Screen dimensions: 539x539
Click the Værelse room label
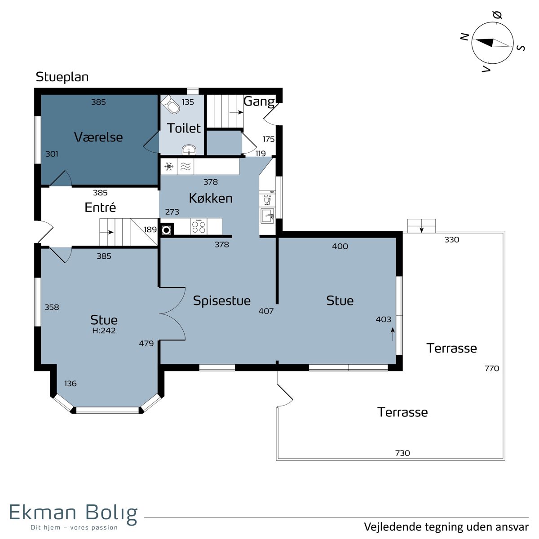pos(98,137)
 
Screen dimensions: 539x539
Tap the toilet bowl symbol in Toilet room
pos(171,104)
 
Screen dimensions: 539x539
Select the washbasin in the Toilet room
pos(190,150)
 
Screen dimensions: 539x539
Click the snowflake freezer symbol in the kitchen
pos(169,167)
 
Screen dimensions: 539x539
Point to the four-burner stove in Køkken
pos(199,226)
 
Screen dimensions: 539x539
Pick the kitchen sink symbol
pos(267,216)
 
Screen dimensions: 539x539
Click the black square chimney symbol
pos(167,230)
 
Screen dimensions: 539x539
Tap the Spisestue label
pos(222,300)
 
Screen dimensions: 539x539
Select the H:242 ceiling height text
pos(104,330)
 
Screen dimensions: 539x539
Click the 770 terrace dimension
pos(492,368)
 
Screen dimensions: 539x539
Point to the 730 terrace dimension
pos(402,453)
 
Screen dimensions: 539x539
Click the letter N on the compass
pos(465,37)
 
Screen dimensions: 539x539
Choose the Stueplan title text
pos(62,77)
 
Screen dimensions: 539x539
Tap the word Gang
pos(259,102)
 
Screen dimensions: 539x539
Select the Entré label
pos(100,207)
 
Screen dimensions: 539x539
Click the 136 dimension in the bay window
pos(70,384)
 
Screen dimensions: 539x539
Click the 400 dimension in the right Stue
pos(340,246)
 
